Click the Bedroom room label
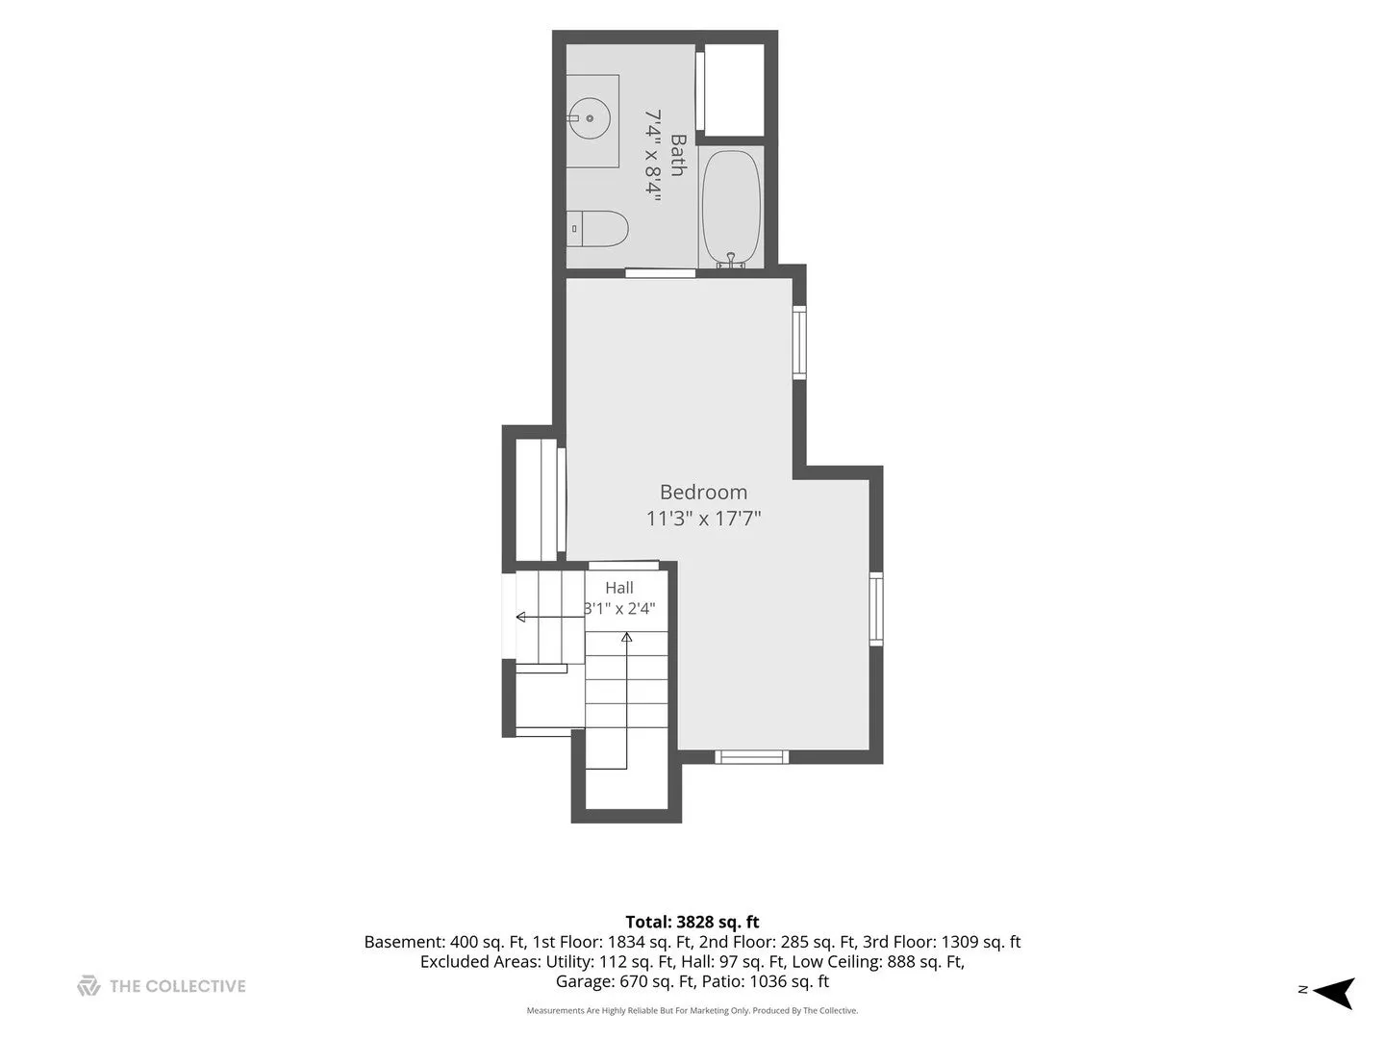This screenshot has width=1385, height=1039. coord(703,492)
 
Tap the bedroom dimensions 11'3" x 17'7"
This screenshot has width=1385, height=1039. coord(703,519)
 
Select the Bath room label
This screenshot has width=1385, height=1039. coord(678,155)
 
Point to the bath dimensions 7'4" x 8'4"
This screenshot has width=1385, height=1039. coord(652,155)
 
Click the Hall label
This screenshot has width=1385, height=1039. coord(619,588)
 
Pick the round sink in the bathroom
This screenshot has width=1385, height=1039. coord(590,118)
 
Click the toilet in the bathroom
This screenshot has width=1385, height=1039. coord(597,228)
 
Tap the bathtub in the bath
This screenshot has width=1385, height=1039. coord(731,207)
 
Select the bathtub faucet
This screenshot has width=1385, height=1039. coord(731,261)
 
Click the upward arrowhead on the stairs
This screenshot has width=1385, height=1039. coord(626,638)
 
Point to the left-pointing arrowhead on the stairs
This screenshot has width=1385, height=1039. coord(520,617)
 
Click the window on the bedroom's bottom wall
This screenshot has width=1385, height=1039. coord(751,757)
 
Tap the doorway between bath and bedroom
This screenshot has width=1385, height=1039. coord(660,272)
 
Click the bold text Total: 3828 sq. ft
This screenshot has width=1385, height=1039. coord(692,923)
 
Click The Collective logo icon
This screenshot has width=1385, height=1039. coord(88,986)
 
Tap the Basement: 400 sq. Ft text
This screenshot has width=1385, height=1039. coord(445,942)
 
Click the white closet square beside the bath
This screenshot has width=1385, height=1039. coord(734,89)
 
